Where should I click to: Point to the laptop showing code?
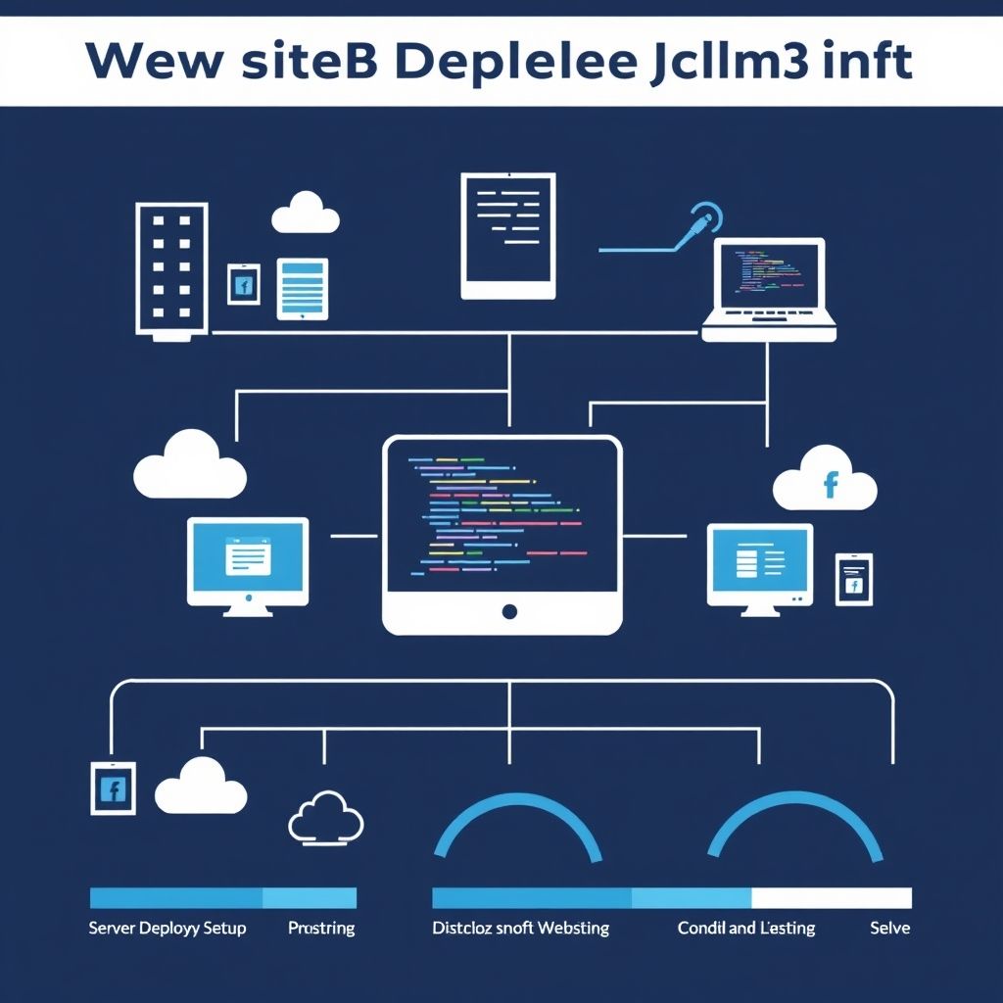pos(770,289)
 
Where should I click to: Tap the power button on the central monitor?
pos(508,612)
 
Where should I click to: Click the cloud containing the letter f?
pos(826,480)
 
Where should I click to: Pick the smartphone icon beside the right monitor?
pos(853,579)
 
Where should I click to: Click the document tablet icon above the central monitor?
pos(508,235)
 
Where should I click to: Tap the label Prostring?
pos(321,928)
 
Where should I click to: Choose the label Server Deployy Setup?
pos(167,928)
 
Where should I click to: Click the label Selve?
pos(889,928)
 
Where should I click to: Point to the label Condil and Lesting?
pos(745,928)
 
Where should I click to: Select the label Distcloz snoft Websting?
pos(520,928)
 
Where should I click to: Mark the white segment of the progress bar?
pos(831,898)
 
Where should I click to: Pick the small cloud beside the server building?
pos(306,213)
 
